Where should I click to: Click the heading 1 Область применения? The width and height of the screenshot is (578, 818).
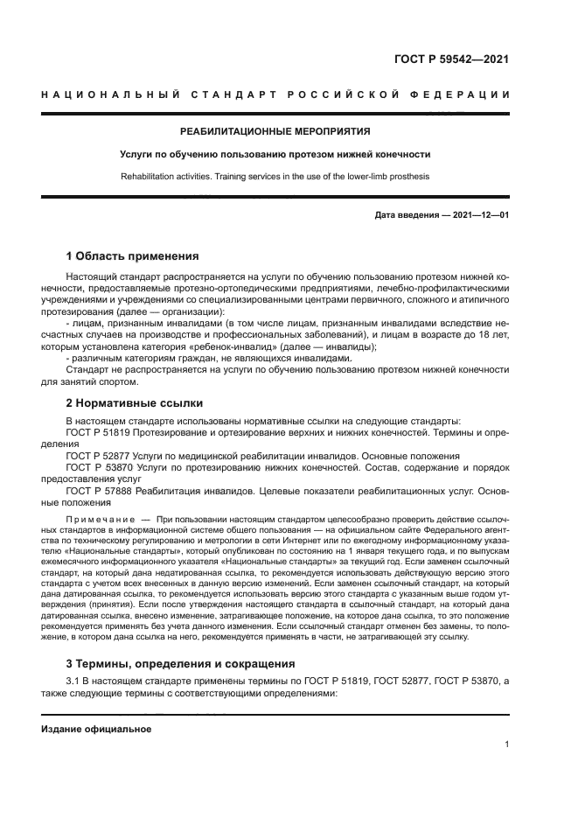132,256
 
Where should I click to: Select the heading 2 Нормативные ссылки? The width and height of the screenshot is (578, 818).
135,402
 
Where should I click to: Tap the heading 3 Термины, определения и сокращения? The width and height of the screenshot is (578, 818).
183,663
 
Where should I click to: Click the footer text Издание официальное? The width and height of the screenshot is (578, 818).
96,729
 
